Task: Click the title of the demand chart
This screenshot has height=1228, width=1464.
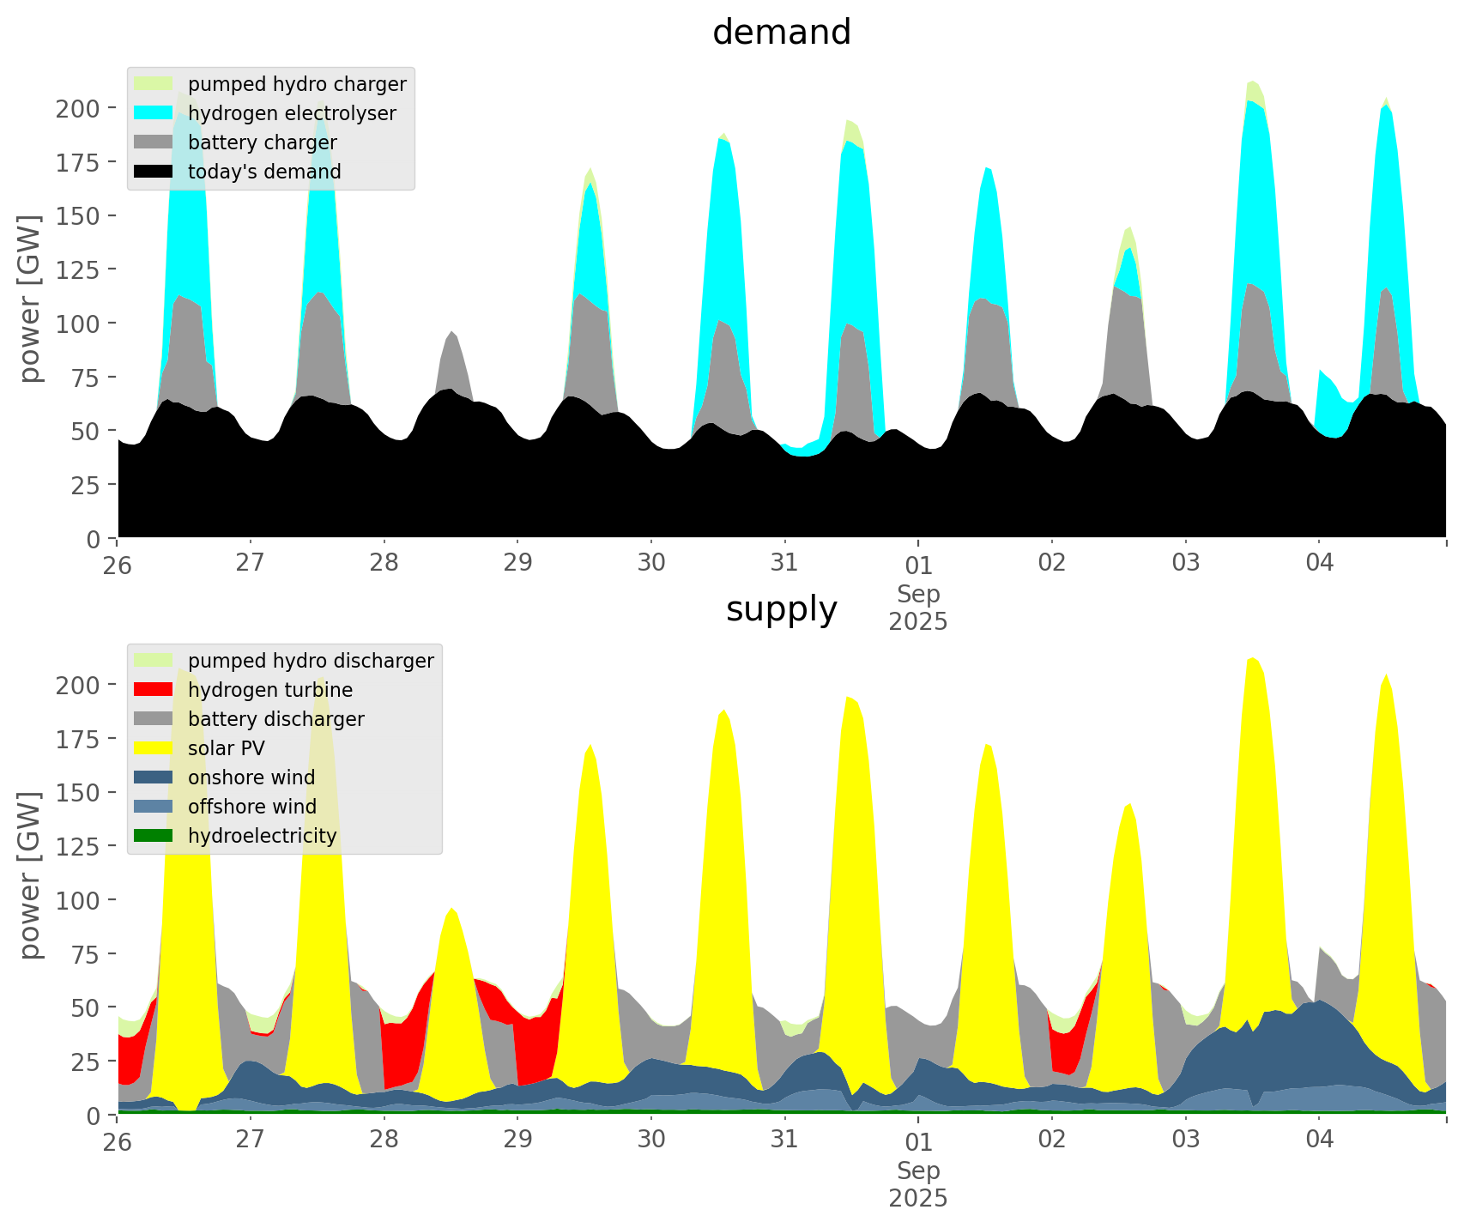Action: [x=781, y=33]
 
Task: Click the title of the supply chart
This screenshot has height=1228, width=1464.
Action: [x=781, y=609]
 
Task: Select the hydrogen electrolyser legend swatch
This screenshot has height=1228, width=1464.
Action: [x=154, y=113]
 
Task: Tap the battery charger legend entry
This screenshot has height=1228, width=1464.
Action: [x=262, y=142]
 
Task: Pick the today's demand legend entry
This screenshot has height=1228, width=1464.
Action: [x=264, y=172]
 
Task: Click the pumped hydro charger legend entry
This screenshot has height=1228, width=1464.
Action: [x=297, y=84]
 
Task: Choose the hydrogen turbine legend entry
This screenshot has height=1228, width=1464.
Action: [x=269, y=690]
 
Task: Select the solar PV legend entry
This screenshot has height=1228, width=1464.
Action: [x=226, y=748]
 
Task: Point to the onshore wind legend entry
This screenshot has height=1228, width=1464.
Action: [x=251, y=777]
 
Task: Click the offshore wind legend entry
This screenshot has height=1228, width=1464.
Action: [x=251, y=807]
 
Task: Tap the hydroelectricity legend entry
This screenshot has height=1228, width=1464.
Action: [x=262, y=836]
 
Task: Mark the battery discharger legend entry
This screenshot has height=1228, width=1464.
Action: [x=275, y=719]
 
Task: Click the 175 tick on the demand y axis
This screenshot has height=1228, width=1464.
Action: [x=78, y=162]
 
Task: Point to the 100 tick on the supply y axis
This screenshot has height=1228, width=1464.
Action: [x=78, y=900]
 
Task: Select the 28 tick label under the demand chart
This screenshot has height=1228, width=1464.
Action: [x=384, y=563]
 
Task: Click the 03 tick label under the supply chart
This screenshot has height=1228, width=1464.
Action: [x=1186, y=1140]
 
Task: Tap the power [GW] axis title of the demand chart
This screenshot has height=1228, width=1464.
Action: [x=30, y=299]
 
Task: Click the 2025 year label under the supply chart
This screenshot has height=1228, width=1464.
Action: [x=918, y=1198]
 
